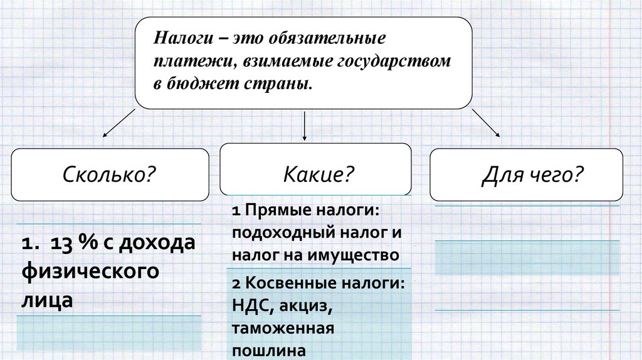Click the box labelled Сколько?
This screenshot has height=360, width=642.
[110, 174]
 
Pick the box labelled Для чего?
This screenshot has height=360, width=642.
[527, 174]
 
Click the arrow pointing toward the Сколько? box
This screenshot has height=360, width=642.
[119, 122]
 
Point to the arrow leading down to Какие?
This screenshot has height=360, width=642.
[305, 126]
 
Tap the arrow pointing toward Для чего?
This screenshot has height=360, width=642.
[486, 122]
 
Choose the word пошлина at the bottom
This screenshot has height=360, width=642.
[270, 351]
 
